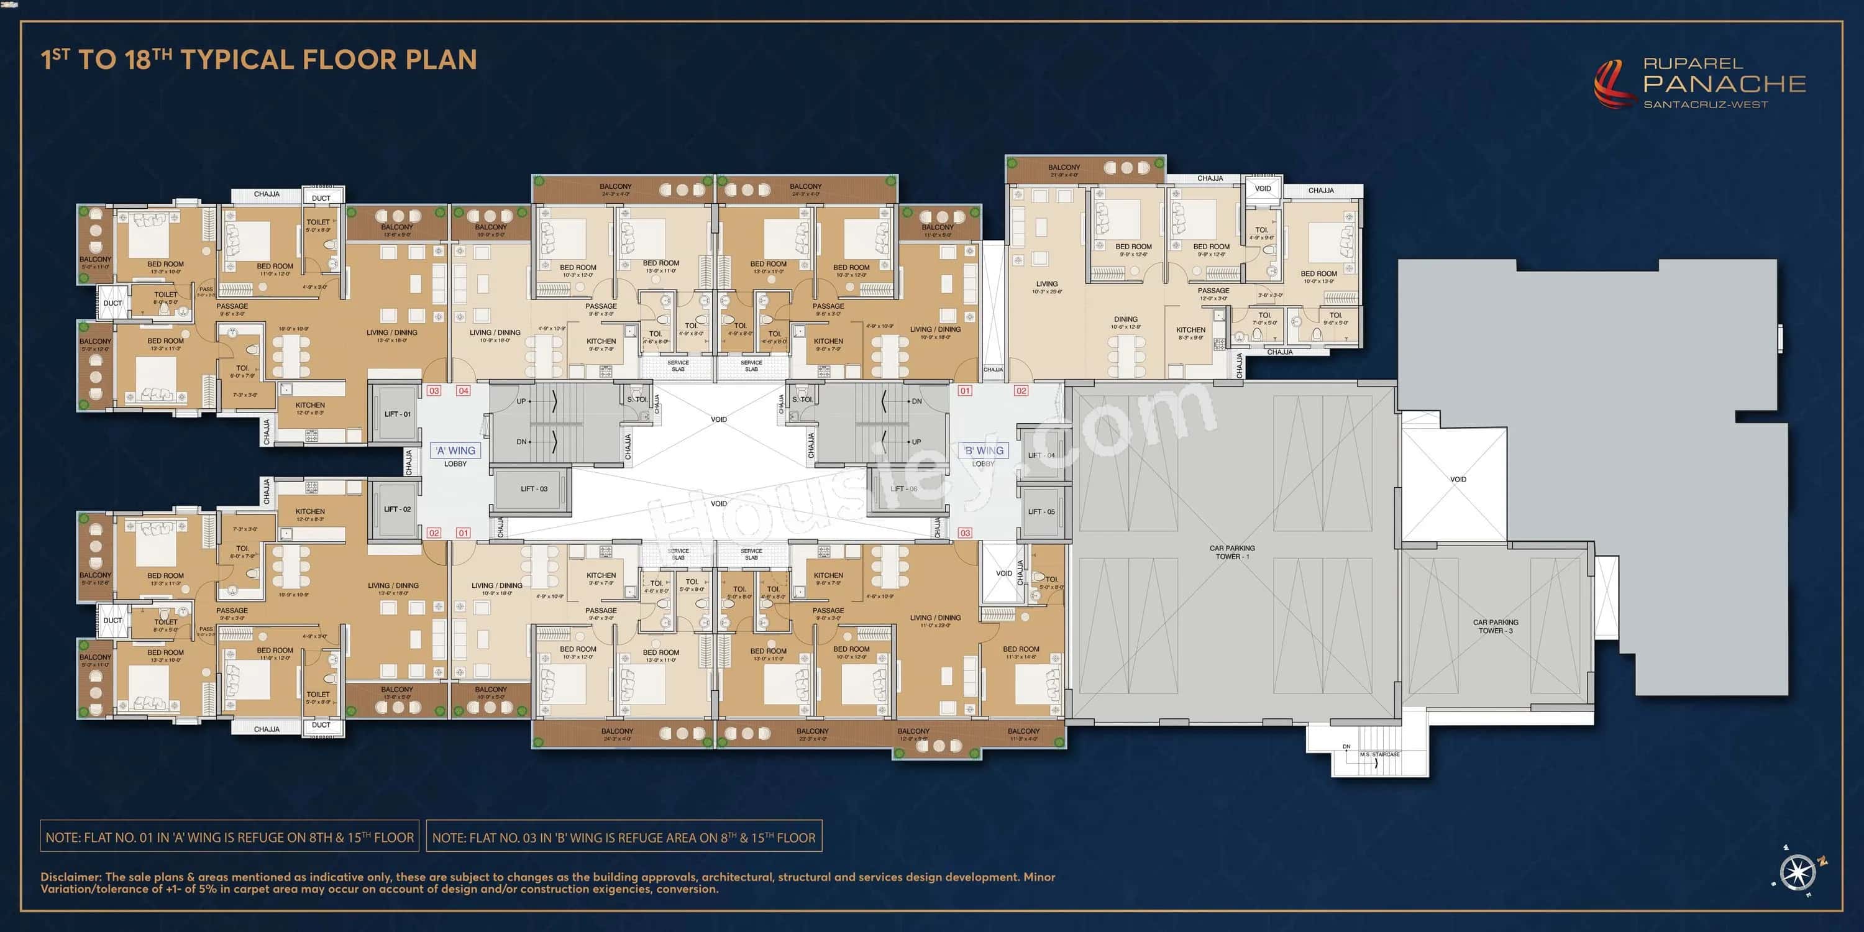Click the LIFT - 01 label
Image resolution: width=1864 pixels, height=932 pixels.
[x=397, y=414]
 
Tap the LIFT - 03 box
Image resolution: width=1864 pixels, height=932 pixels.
[x=533, y=489]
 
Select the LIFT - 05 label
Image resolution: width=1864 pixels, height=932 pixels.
[x=1041, y=511]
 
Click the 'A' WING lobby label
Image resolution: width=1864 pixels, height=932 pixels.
[x=455, y=450]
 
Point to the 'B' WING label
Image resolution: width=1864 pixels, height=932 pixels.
[x=984, y=450]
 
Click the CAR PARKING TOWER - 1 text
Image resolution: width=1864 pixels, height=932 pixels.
[x=1231, y=552]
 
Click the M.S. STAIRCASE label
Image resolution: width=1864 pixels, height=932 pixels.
[x=1379, y=755]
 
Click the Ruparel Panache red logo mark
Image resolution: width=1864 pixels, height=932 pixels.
[x=1613, y=85]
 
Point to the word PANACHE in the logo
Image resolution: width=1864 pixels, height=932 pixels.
[x=1724, y=84]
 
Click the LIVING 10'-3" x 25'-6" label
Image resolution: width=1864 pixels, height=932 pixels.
[x=1046, y=287]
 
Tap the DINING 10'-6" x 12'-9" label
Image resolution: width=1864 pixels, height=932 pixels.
[x=1126, y=322]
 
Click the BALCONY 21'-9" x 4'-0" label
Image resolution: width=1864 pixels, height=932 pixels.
[x=1063, y=171]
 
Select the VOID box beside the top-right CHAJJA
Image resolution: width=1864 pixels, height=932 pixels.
[x=1263, y=189]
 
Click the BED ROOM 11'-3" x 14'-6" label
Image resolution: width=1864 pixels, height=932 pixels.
[x=1020, y=652]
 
